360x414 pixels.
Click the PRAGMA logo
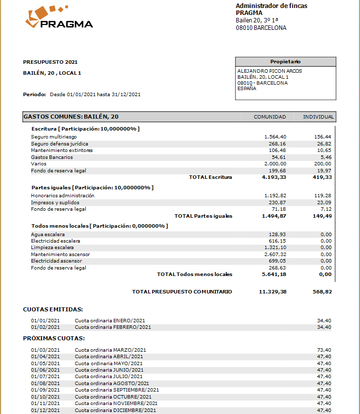[59, 18]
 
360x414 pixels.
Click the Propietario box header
[285, 61]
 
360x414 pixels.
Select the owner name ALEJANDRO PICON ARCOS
[269, 71]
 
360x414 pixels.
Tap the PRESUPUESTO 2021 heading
[50, 62]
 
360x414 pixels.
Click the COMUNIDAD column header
[270, 117]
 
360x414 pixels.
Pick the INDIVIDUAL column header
[318, 117]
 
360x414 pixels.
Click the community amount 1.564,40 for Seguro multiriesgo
[275, 137]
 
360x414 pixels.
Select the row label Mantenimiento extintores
[62, 150]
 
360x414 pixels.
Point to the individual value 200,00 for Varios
[323, 164]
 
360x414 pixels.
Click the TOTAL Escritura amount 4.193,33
[274, 177]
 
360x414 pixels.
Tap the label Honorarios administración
[62, 196]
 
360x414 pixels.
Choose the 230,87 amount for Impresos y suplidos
[277, 203]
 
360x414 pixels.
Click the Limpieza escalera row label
[52, 248]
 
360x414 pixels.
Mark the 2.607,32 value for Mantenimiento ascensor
[275, 254]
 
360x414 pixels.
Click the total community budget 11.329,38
[273, 291]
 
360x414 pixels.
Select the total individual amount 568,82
[322, 291]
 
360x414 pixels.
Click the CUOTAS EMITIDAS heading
[53, 309]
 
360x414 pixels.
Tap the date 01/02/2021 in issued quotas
[45, 327]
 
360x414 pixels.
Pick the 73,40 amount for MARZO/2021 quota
[324, 350]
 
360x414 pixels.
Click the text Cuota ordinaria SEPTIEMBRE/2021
[117, 390]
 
